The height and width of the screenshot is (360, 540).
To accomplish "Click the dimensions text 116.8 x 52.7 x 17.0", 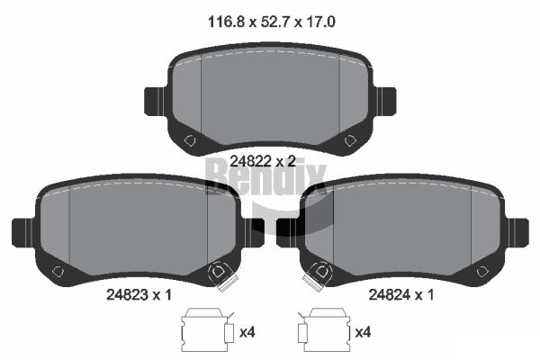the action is click(x=272, y=22).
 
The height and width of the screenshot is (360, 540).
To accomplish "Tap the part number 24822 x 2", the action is click(x=263, y=161).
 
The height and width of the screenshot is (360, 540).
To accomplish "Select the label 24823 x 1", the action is click(x=139, y=294).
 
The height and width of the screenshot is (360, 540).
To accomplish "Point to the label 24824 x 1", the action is click(x=401, y=294).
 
